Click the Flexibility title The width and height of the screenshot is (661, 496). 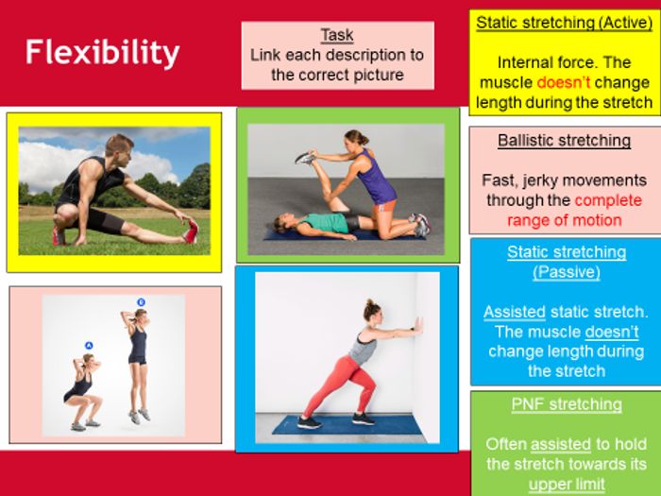pos(102,53)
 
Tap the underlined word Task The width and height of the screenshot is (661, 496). pos(337,35)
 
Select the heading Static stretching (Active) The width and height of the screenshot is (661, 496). pos(565,23)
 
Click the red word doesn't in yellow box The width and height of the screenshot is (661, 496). pos(563,83)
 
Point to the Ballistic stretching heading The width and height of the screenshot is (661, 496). pos(564,141)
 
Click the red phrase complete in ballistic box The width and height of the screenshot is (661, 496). pos(608,200)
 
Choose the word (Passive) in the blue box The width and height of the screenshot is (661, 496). pos(567,272)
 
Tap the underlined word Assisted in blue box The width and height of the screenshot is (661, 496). pos(515,312)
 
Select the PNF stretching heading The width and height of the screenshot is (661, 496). pos(567,404)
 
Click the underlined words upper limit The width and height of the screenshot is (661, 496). pos(567,484)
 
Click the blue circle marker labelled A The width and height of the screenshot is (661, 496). pos(89,346)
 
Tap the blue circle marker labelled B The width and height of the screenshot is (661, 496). pos(142,302)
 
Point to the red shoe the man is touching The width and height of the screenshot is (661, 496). pos(191,231)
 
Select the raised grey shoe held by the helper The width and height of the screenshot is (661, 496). pos(305,158)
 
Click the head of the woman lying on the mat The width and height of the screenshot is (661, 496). pos(283,222)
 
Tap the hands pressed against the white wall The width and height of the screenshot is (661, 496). pos(418,326)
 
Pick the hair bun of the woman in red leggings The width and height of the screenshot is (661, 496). pos(370,303)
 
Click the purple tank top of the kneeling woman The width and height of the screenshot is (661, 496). pos(378,178)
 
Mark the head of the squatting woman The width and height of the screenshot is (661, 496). pos(88,361)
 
